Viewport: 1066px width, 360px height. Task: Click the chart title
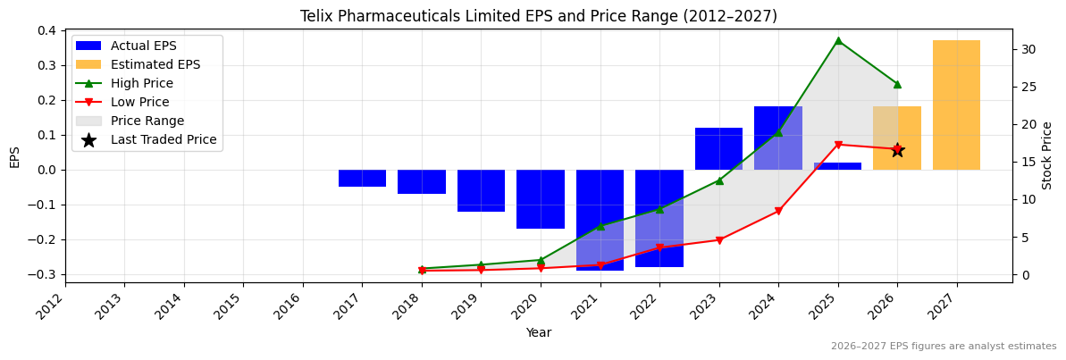tap(538, 16)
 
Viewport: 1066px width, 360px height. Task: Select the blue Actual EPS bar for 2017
tap(362, 178)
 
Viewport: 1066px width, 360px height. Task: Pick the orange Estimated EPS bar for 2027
tap(956, 105)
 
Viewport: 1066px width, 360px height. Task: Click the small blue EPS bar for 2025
tap(837, 166)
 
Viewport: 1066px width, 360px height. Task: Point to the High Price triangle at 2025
tap(838, 40)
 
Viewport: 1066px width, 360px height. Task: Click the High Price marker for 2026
tap(897, 84)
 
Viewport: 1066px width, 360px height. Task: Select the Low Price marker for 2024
tap(778, 211)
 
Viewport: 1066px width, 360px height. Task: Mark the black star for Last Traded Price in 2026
tap(897, 150)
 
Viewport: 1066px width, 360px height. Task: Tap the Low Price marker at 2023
tap(719, 240)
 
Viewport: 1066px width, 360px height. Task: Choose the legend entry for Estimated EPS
tap(155, 64)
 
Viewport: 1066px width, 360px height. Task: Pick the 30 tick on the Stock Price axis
tap(1028, 49)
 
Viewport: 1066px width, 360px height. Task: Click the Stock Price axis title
tap(1047, 155)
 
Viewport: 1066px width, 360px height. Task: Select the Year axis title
tap(538, 333)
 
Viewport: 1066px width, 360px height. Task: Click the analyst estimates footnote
tap(943, 347)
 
